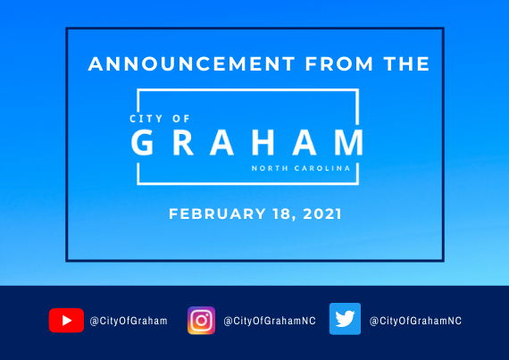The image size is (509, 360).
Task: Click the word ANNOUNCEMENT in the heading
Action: tap(191, 63)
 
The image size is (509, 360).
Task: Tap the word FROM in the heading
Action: tap(339, 63)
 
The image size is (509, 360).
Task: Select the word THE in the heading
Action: tap(406, 63)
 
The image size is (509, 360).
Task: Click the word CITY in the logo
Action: tap(146, 119)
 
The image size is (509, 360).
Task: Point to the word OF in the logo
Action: tap(180, 119)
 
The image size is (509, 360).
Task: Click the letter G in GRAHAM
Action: tap(142, 142)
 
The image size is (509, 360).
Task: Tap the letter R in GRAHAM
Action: tap(183, 142)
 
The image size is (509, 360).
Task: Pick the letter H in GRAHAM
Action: tap(263, 142)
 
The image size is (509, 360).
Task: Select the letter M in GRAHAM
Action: tap(349, 142)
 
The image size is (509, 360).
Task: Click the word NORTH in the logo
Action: tap(270, 168)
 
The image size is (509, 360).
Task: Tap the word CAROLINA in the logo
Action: tap(322, 168)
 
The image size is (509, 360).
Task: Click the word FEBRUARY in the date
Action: tap(217, 213)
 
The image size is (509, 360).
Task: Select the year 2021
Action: tap(322, 213)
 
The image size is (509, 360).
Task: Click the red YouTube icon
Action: tap(66, 321)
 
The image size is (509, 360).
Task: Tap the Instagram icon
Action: tap(201, 321)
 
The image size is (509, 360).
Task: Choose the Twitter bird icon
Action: tap(345, 319)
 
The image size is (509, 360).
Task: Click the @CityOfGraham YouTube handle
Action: tap(129, 321)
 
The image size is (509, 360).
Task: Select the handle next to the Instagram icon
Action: tap(270, 321)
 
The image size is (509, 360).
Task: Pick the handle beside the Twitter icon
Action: tap(415, 321)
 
